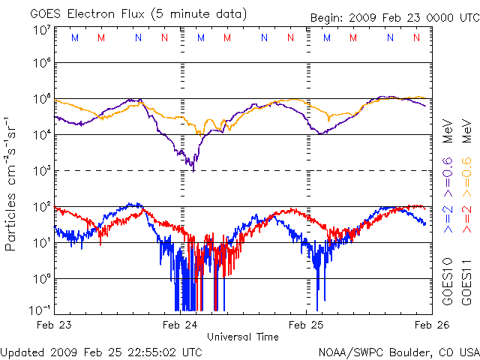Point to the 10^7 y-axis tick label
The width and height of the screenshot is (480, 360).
coord(41,30)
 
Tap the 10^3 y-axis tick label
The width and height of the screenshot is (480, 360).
coord(41,171)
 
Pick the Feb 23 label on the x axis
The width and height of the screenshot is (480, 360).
coord(54,325)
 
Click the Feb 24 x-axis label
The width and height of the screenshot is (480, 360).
coord(181,325)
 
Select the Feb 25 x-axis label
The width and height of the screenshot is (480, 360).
coord(307,325)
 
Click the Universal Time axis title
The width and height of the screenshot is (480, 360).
coord(243,337)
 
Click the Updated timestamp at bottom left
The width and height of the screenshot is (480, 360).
coord(101,351)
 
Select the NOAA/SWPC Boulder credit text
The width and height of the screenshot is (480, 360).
coord(398,351)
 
